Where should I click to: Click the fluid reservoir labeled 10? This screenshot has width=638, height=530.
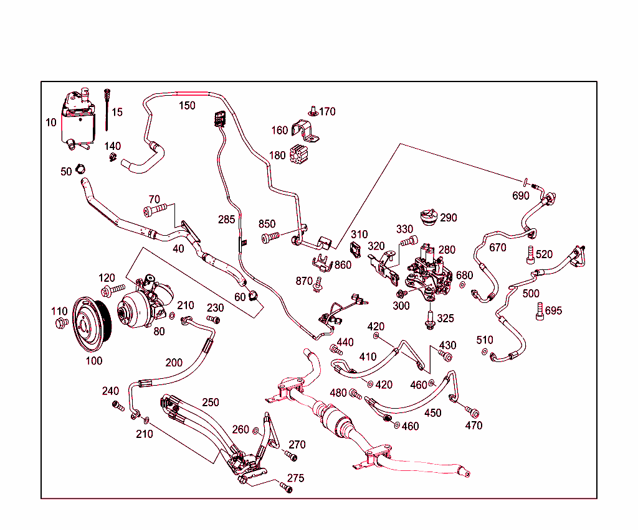coord(78,120)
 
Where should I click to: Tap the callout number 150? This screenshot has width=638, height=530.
coord(187,105)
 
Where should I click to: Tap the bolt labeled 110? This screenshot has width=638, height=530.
coord(61,322)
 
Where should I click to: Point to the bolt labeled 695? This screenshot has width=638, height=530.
coord(540,311)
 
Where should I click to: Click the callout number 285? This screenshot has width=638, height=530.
coord(227,220)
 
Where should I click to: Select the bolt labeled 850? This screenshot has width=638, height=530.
coord(270,237)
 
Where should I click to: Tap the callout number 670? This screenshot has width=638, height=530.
coord(498,248)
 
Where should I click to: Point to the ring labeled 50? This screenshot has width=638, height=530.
coord(80,169)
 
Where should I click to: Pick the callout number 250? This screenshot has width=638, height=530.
coord(210,402)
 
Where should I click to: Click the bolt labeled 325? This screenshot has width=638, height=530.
coord(429,319)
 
